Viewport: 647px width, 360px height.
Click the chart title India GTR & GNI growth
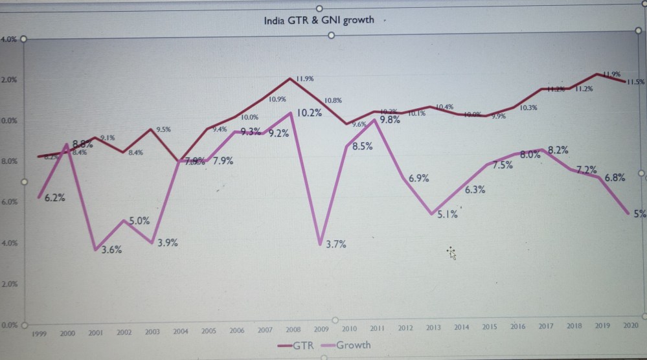[x=319, y=20]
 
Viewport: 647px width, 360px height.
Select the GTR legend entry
[x=295, y=345]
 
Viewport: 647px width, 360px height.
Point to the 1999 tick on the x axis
[x=40, y=332]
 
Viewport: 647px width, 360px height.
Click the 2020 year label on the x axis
[x=631, y=325]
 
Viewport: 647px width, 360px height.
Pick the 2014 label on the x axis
[x=462, y=328]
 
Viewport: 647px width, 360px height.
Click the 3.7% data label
[x=335, y=244]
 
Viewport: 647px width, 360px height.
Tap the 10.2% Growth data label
[x=310, y=113]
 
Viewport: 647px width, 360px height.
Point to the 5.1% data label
[x=447, y=214]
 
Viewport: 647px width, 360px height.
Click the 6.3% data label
[x=475, y=190]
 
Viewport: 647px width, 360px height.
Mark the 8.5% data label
[x=362, y=146]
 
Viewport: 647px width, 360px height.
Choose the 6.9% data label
[x=418, y=177]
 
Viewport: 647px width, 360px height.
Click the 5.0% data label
[x=139, y=220]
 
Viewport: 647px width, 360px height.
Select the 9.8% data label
[x=389, y=120]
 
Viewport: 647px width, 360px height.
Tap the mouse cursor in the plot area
[x=451, y=253]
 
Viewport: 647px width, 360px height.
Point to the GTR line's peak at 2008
[x=289, y=78]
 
